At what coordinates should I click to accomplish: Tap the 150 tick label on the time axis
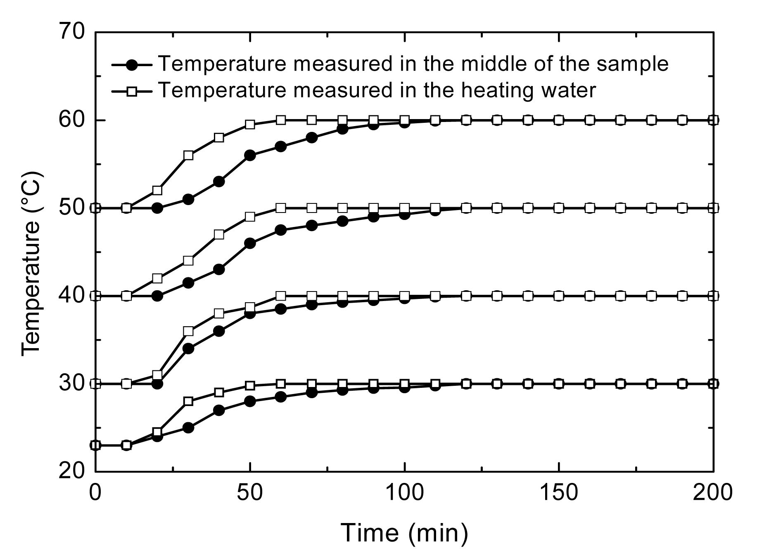click(x=559, y=493)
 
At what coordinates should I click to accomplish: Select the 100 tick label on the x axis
click(x=404, y=493)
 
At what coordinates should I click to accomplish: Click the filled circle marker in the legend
click(x=132, y=64)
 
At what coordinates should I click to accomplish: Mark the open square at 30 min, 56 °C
click(x=188, y=155)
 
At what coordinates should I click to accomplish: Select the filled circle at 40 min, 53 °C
click(x=219, y=182)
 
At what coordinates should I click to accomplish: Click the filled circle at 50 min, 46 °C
click(x=250, y=243)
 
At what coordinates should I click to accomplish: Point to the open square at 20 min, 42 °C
click(x=157, y=278)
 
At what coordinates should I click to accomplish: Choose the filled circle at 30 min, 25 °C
click(x=188, y=428)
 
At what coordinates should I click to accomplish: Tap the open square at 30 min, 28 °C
click(x=188, y=401)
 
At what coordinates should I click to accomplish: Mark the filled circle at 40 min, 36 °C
click(x=219, y=331)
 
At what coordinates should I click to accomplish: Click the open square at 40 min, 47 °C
click(x=219, y=234)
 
